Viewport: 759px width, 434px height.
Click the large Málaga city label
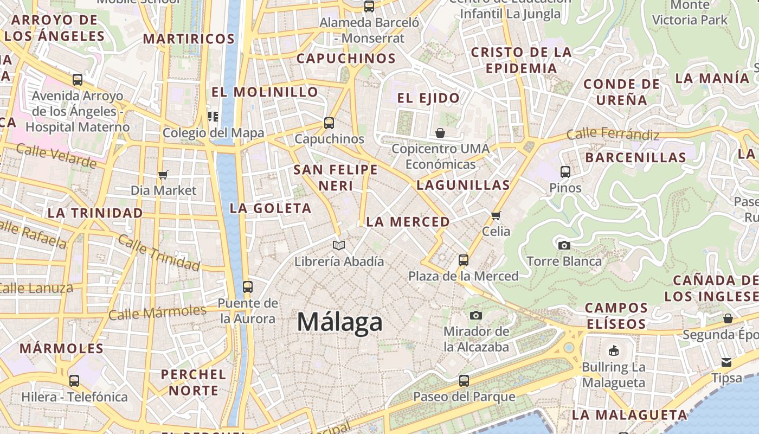pos(340,322)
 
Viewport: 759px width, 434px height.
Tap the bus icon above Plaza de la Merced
pos(463,260)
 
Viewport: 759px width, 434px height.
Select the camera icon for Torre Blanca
pos(564,245)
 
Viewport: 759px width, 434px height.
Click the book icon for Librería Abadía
pos(339,246)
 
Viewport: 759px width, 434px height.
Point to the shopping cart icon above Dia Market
pos(163,175)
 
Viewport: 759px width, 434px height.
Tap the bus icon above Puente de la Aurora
pos(248,287)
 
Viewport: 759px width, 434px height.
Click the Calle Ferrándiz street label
pos(613,134)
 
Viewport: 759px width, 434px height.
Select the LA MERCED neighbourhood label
pos(408,222)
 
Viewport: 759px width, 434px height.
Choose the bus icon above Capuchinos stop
pos(329,123)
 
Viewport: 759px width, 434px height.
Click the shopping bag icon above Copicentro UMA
pos(440,133)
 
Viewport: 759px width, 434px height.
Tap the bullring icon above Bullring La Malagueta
pos(614,351)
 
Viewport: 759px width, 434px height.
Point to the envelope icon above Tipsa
pos(726,362)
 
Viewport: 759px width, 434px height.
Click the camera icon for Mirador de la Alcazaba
pos(476,315)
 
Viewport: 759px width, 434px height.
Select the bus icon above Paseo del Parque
pos(464,381)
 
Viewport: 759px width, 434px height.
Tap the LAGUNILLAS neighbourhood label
pos(463,185)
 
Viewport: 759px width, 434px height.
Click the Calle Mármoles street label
pos(157,312)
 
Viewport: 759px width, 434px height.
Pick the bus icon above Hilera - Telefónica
pos(74,381)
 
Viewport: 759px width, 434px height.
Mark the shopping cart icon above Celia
pos(496,216)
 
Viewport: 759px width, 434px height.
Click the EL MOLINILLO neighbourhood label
pos(265,92)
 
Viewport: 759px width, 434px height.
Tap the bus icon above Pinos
pos(565,172)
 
